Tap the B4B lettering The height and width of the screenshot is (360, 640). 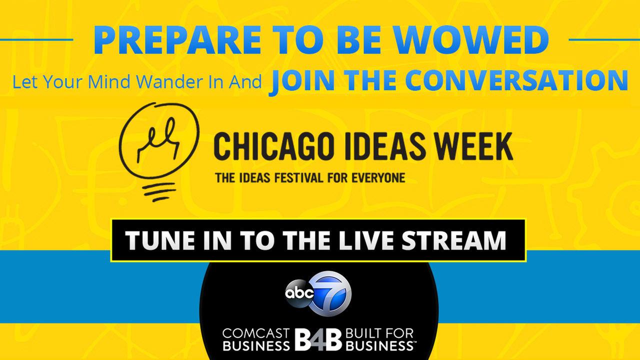(x=318, y=339)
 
